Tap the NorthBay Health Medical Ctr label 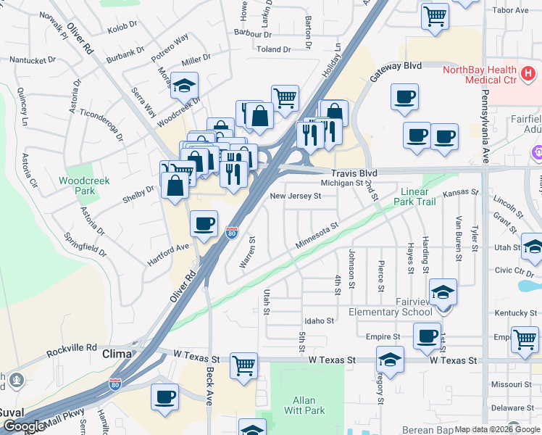[x=480, y=74]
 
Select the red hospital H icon [x=528, y=73]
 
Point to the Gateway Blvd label [x=396, y=66]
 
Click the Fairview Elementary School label [x=391, y=312]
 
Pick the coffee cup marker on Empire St [x=427, y=336]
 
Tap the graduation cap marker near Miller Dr [x=185, y=85]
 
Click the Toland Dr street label [x=273, y=49]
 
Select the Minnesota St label [x=317, y=238]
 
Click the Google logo [x=23, y=426]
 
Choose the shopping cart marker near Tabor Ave [x=434, y=15]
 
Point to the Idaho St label [x=319, y=320]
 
